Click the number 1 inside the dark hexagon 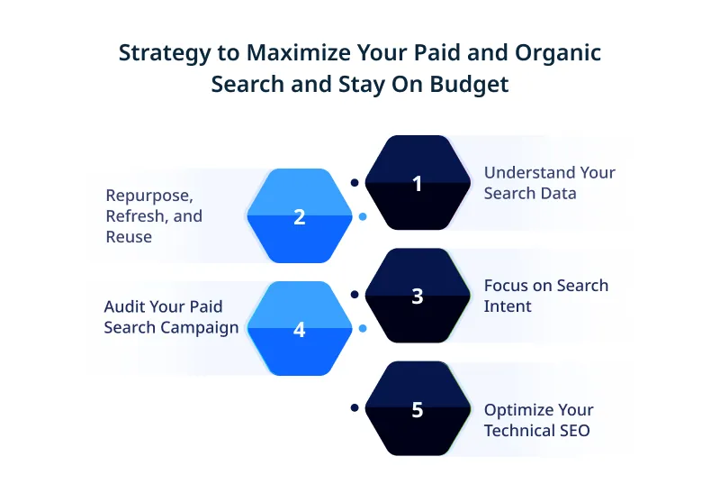(x=417, y=183)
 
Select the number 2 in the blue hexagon (x=300, y=216)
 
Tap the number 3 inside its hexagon (x=417, y=296)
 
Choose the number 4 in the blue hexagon (x=300, y=330)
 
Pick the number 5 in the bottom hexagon (x=417, y=409)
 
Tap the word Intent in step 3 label (x=508, y=306)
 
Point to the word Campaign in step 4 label (x=203, y=327)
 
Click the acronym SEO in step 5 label (x=572, y=431)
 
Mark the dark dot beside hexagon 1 (x=355, y=182)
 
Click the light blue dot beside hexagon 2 (x=362, y=216)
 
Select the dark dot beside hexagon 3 (x=355, y=295)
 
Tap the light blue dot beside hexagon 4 (x=362, y=329)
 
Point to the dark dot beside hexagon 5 (x=355, y=408)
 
